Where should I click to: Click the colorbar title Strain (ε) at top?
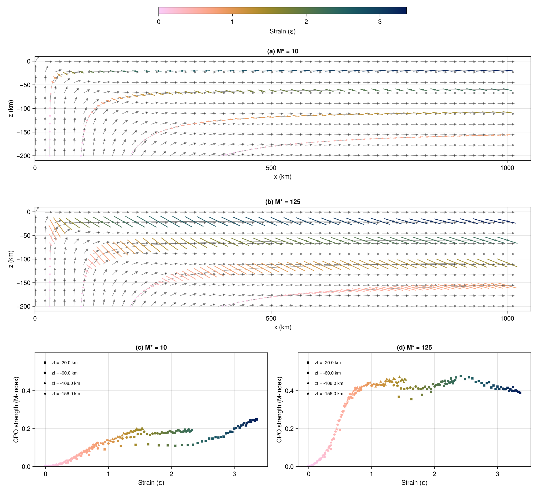point(282,31)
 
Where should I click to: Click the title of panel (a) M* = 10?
point(283,51)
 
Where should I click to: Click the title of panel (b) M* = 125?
point(283,202)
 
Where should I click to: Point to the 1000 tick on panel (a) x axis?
point(507,168)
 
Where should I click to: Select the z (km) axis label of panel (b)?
point(11,259)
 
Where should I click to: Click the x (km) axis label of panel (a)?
point(283,177)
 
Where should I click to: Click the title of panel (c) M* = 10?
point(151,348)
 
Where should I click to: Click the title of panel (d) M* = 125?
point(414,348)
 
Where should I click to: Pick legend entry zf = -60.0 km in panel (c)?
point(64,373)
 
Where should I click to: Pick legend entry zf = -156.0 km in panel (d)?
point(329,394)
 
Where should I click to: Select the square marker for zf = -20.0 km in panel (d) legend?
point(308,363)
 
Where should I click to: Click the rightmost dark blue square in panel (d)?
point(520,393)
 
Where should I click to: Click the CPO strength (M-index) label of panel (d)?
point(279,410)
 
